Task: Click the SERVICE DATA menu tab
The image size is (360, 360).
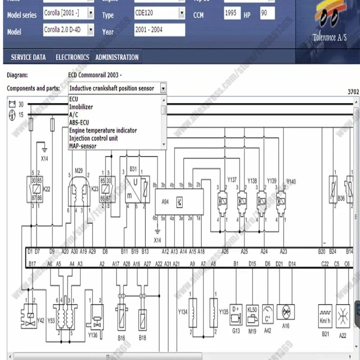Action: [x=28, y=57]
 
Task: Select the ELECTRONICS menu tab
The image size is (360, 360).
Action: [x=72, y=57]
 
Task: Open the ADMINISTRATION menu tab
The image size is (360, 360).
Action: [x=117, y=57]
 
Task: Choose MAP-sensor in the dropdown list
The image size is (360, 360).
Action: [x=83, y=146]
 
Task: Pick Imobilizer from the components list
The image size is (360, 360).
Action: [x=81, y=107]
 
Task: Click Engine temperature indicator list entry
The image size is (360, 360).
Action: [x=103, y=130]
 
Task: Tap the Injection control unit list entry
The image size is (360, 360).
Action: [x=93, y=138]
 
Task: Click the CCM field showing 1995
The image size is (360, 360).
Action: [x=232, y=14]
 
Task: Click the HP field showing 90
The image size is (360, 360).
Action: [x=267, y=14]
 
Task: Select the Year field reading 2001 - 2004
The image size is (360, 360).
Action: [x=159, y=30]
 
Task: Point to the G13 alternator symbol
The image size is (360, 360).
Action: [x=236, y=313]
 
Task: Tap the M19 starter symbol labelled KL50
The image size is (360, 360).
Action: [x=252, y=313]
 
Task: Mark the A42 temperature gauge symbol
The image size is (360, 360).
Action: [x=268, y=313]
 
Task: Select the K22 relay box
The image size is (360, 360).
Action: [x=34, y=189]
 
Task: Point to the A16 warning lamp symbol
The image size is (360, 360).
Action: [x=285, y=312]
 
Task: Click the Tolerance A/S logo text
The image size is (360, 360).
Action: [x=329, y=38]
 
